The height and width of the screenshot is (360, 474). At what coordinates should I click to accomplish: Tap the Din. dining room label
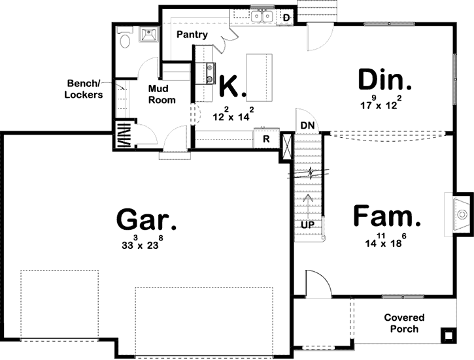[x=385, y=81]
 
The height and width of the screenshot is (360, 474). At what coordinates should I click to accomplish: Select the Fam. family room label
[x=386, y=216]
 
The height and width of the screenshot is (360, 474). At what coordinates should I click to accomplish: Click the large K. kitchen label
[x=230, y=86]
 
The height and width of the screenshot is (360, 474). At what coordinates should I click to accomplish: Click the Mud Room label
[x=161, y=95]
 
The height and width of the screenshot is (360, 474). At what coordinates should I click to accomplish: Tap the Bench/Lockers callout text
[x=85, y=90]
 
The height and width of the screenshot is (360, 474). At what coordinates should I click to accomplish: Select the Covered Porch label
[x=404, y=323]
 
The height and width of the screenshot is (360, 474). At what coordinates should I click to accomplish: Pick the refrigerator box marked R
[x=266, y=139]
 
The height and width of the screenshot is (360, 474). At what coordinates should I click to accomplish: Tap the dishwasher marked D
[x=286, y=17]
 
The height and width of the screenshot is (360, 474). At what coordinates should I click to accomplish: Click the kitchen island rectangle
[x=258, y=78]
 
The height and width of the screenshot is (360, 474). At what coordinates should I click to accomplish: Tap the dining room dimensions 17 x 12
[x=384, y=103]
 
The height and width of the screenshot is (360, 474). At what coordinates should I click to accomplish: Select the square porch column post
[x=448, y=336]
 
